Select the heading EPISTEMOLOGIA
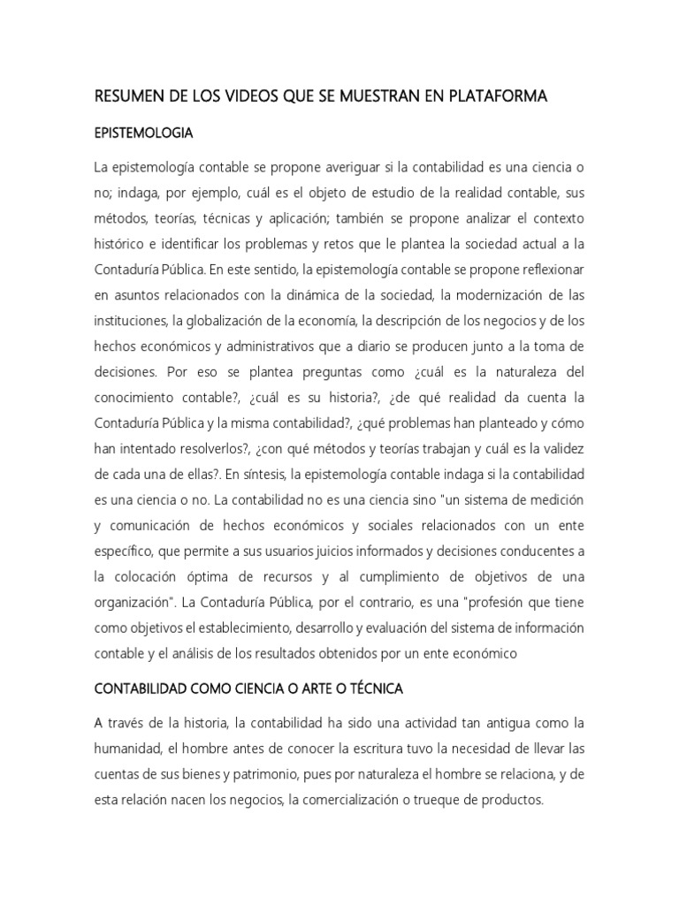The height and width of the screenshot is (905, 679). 143,133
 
